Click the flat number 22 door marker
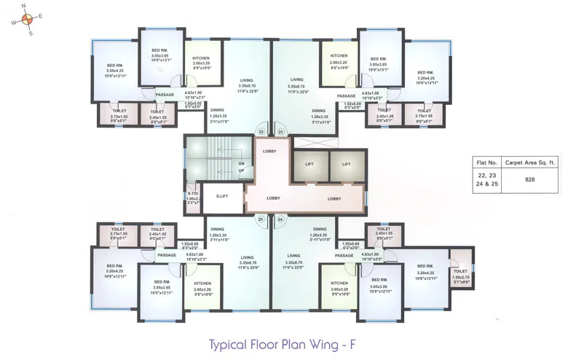261,132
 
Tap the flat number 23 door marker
280,132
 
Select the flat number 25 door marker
261,219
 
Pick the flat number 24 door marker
280,219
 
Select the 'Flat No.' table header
486,163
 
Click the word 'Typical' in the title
231,343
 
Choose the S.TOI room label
192,194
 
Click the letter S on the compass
30,32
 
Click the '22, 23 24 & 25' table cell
486,179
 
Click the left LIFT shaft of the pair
309,165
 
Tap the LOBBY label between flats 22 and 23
268,151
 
